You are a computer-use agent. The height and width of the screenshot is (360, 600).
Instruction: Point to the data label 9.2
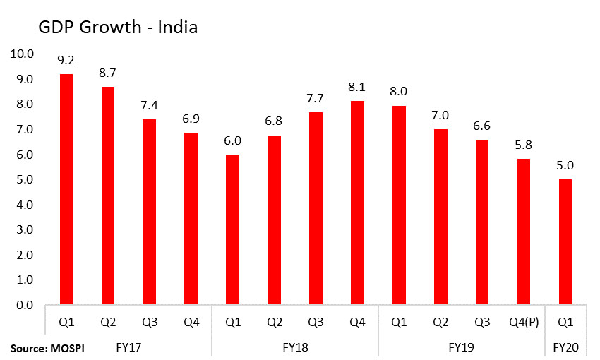click(x=66, y=61)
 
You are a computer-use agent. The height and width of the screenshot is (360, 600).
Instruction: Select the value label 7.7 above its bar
click(x=315, y=99)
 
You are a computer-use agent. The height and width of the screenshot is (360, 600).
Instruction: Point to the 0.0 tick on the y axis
click(x=24, y=305)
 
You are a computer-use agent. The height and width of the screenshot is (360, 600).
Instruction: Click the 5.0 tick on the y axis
click(x=24, y=179)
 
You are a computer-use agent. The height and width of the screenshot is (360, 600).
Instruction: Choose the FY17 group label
click(x=128, y=348)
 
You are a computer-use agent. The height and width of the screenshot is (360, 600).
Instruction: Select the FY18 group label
click(x=294, y=348)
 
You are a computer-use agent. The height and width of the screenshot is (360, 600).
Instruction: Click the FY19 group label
click(x=460, y=348)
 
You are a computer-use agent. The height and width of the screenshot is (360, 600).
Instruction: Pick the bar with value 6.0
click(x=232, y=229)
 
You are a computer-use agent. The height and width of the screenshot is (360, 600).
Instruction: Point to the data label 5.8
click(x=522, y=146)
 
